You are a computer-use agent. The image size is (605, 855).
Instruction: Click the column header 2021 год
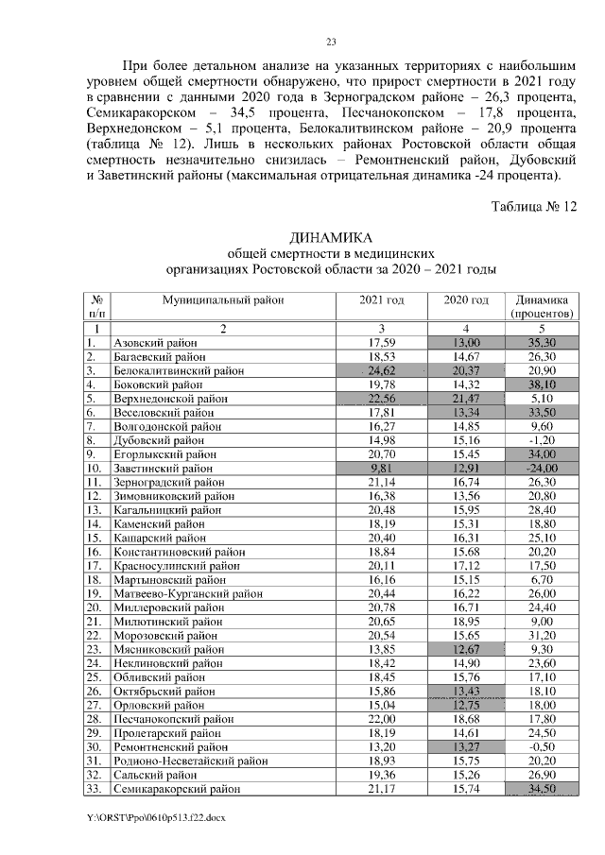(382, 299)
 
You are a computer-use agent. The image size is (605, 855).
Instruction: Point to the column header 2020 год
(466, 299)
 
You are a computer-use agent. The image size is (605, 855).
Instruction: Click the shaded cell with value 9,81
(382, 469)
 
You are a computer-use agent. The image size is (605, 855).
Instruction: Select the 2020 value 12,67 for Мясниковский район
(466, 650)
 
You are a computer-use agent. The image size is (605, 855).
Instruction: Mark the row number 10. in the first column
(94, 469)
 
